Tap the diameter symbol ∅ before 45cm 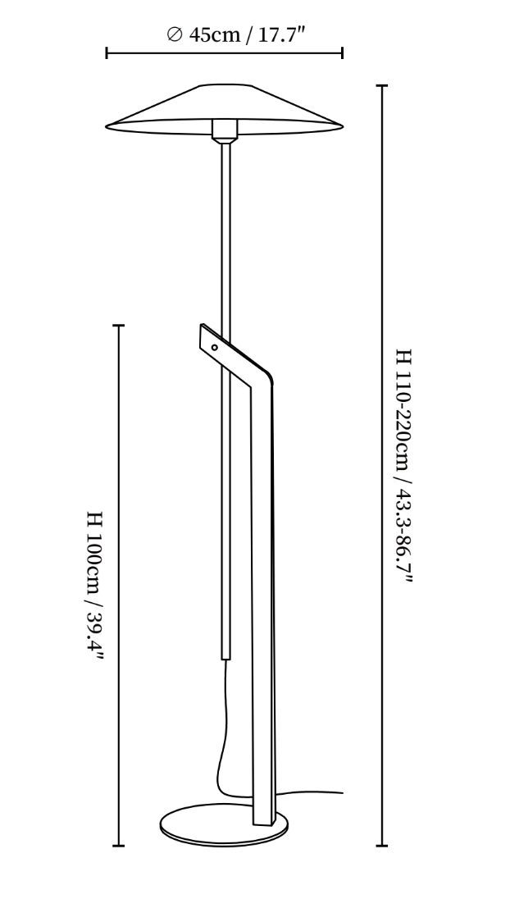pos(173,34)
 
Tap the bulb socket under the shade pos(224,129)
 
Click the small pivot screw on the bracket pos(215,347)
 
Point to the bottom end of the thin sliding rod pos(225,655)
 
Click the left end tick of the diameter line pos(107,54)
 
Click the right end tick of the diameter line pos(342,54)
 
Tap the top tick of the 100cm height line pos(119,326)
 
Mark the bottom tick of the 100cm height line pos(119,845)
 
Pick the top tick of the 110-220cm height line pos(380,85)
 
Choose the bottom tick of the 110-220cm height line pos(380,845)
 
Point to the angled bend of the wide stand pos(261,376)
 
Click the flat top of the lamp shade pos(224,85)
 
